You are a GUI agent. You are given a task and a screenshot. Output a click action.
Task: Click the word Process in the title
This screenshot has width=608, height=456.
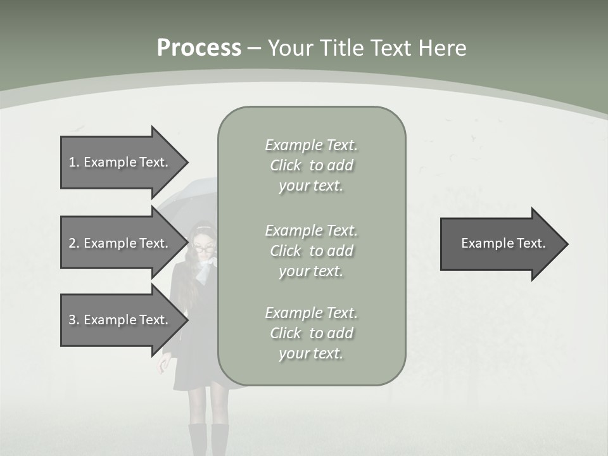(199, 48)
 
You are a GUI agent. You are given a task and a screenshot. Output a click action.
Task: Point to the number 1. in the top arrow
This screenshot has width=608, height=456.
(73, 162)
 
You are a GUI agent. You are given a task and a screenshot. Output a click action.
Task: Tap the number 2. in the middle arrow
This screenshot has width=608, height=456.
(73, 243)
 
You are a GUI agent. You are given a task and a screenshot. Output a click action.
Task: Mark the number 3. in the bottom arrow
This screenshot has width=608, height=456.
(73, 320)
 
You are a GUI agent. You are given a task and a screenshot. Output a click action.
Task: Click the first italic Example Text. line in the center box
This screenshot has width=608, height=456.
(311, 145)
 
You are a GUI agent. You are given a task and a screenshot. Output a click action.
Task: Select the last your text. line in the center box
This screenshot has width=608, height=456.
(311, 353)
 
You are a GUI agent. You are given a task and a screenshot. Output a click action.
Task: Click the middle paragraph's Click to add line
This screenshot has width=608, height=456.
(311, 251)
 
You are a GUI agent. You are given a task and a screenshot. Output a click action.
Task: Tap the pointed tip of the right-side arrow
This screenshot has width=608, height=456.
(566, 244)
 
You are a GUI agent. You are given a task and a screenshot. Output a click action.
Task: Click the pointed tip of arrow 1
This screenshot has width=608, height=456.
(186, 162)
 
